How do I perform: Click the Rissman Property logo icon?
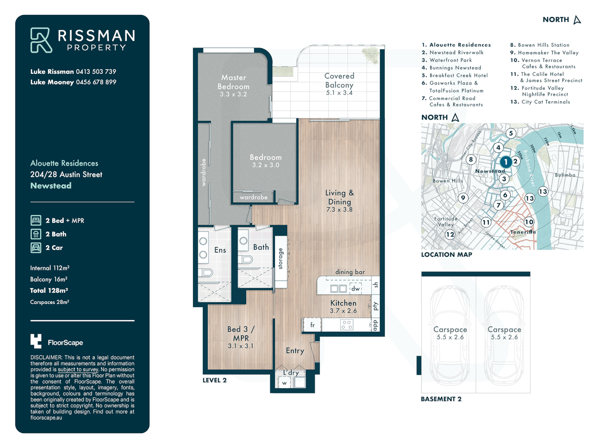click(x=41, y=40)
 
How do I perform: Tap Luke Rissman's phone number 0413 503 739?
click(x=96, y=72)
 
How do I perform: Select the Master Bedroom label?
click(x=233, y=82)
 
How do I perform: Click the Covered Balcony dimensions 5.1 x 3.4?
click(x=339, y=93)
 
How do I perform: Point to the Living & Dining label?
click(x=339, y=197)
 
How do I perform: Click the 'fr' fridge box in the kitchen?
click(x=312, y=325)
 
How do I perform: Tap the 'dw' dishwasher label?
click(x=355, y=289)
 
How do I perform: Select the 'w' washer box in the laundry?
click(x=284, y=383)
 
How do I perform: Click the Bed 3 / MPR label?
click(x=241, y=334)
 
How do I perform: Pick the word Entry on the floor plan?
click(x=295, y=351)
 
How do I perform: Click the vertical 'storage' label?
click(x=281, y=258)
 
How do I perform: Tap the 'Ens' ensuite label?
click(x=220, y=250)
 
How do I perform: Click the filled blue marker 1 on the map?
click(x=505, y=162)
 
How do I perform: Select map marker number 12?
click(x=450, y=234)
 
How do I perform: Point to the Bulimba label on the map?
click(x=565, y=175)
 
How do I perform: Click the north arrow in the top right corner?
click(x=577, y=20)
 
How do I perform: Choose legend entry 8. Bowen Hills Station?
click(x=539, y=45)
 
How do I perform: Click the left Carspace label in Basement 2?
click(x=450, y=330)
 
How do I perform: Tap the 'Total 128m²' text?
click(x=49, y=290)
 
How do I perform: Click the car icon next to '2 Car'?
click(x=36, y=248)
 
